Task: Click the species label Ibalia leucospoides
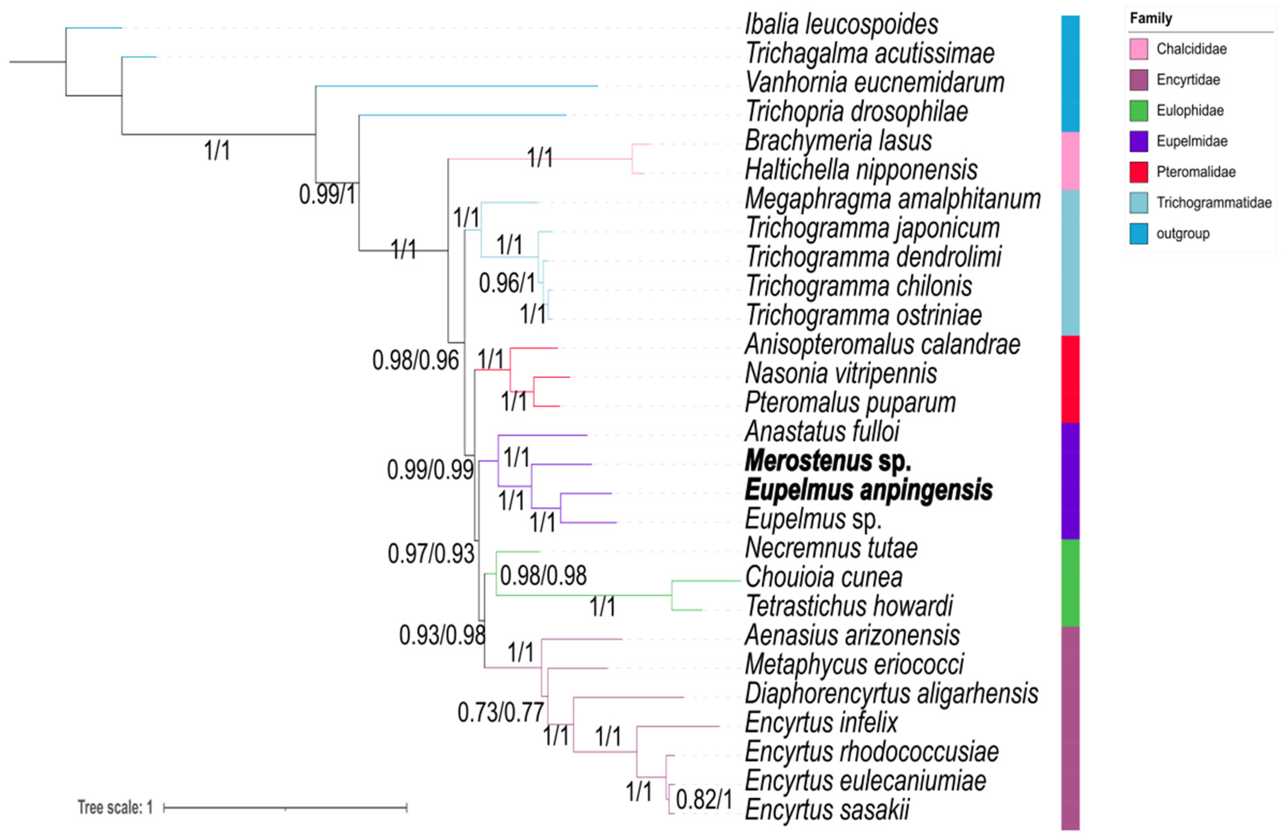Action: (841, 25)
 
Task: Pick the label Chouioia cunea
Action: (824, 577)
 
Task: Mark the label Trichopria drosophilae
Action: (857, 112)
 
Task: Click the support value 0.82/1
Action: (704, 799)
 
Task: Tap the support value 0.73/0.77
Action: (500, 712)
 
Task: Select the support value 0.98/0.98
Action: (543, 575)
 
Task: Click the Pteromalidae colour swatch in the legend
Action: (1139, 172)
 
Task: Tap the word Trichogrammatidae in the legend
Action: (1214, 203)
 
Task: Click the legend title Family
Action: (1151, 19)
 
